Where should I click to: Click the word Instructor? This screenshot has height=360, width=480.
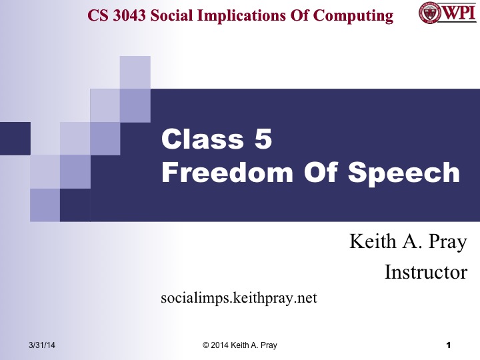click(x=426, y=272)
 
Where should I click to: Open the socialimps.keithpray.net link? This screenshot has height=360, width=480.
click(x=239, y=297)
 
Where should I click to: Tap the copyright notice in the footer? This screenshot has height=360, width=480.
click(x=239, y=345)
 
